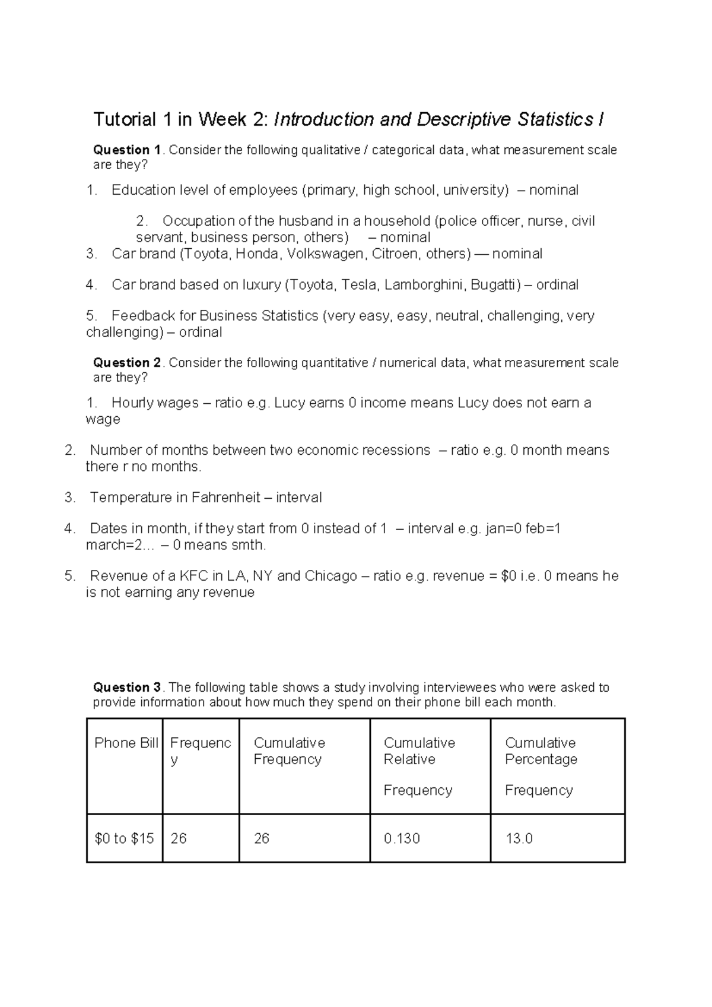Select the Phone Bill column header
coord(126,743)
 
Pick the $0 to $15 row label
coord(124,838)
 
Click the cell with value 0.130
coord(402,838)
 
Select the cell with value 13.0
coord(519,838)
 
